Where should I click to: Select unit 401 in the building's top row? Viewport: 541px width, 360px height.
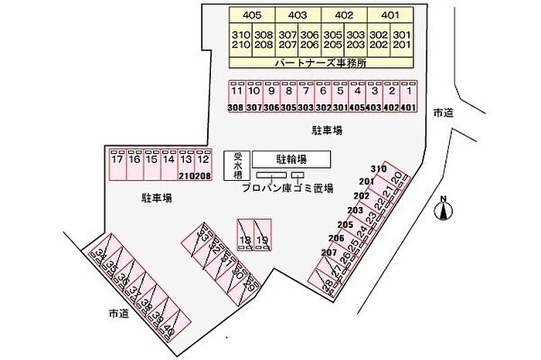click(x=390, y=15)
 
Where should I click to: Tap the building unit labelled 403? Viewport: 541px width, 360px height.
click(x=298, y=15)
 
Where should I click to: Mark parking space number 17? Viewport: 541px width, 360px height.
click(x=117, y=161)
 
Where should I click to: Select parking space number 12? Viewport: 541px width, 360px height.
click(x=203, y=161)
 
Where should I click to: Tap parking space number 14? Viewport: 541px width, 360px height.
click(x=169, y=161)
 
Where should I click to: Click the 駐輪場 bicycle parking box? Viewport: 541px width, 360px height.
click(x=291, y=159)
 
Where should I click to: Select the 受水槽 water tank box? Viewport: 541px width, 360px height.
click(x=237, y=165)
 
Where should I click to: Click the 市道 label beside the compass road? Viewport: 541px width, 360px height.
click(x=444, y=113)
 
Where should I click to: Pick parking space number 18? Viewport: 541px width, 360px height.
click(x=245, y=240)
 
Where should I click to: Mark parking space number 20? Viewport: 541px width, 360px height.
click(x=396, y=179)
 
